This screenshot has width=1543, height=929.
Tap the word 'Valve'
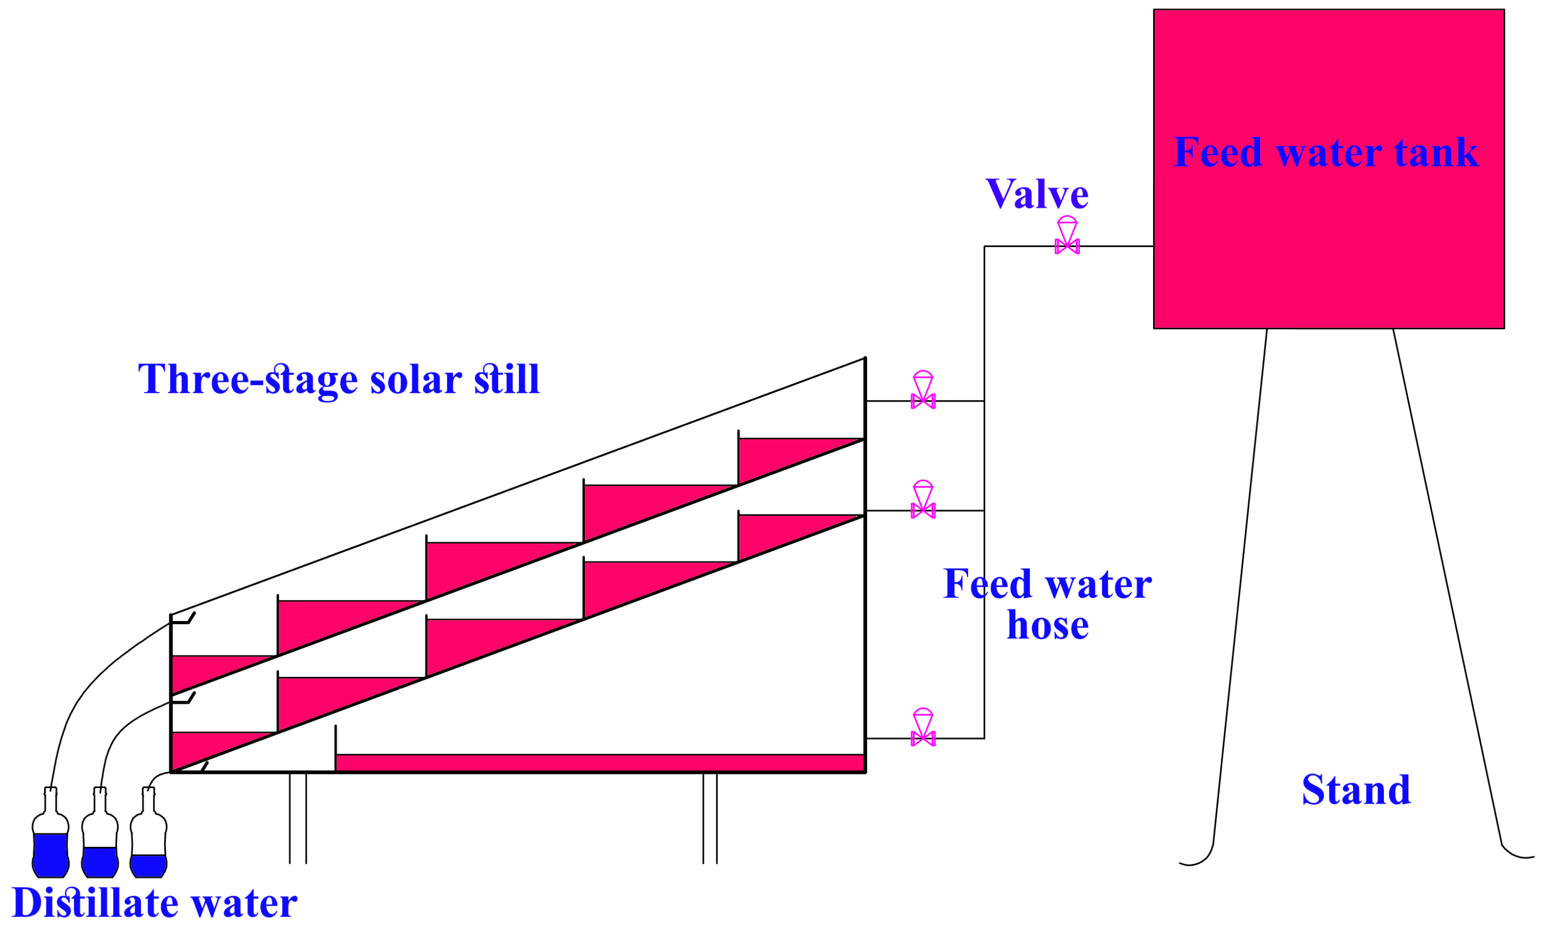point(1036,194)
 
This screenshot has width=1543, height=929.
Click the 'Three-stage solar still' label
point(338,379)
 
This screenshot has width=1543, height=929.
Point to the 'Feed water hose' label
point(1047,604)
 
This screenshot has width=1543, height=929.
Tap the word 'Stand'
point(1355,790)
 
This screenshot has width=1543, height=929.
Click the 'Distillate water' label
point(154,902)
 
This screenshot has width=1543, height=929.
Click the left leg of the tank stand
point(1239,595)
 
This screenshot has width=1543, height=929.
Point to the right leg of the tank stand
point(1447,595)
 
